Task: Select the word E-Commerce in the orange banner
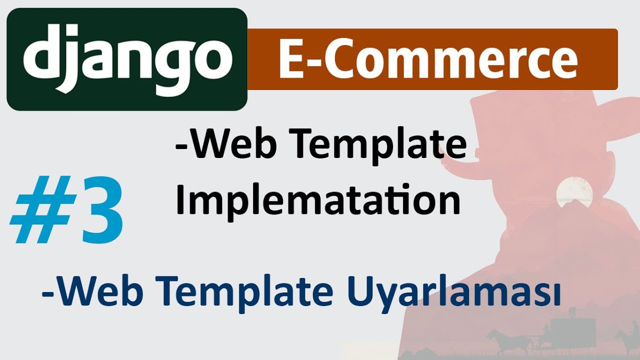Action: pos(428,59)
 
